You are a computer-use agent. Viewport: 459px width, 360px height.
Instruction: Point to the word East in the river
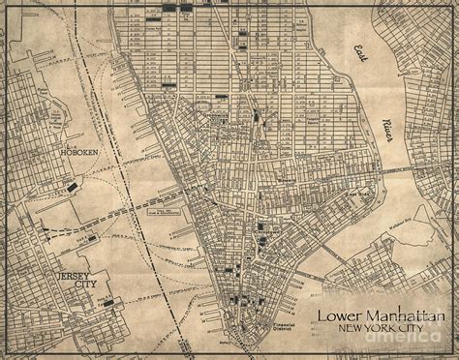tap(364, 52)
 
